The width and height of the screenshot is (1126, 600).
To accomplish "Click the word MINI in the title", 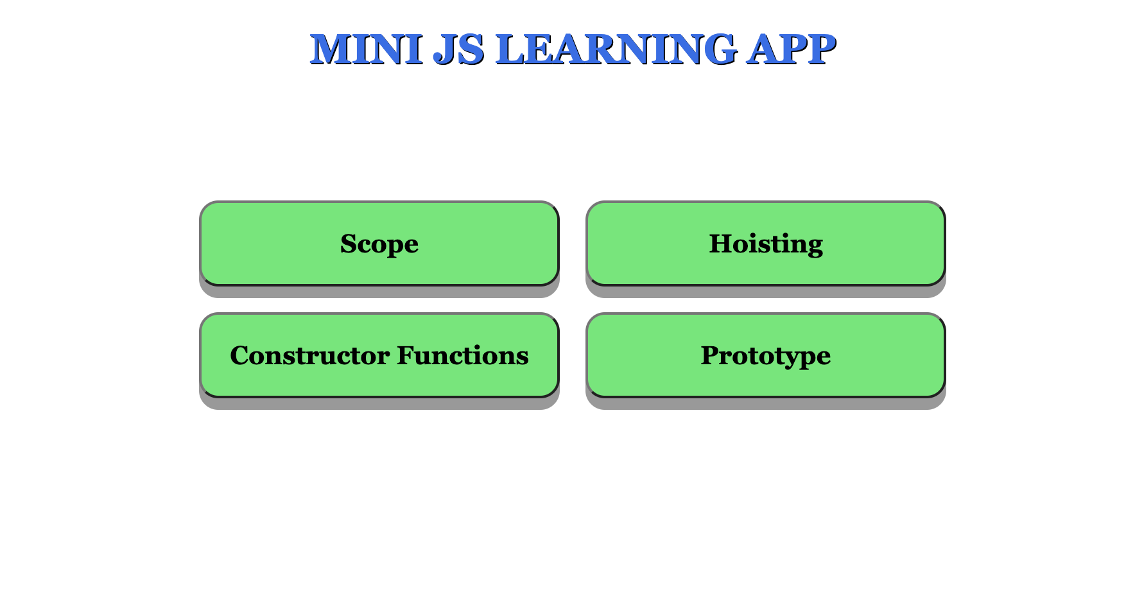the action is [366, 49].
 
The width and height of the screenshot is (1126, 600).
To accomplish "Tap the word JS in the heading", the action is [458, 49].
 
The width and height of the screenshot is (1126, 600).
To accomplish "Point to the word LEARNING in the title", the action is [616, 49].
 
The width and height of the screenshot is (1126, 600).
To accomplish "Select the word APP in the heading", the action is [791, 49].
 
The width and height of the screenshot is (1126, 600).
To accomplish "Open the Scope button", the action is [379, 243].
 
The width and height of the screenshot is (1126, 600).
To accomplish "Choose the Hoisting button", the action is [766, 243].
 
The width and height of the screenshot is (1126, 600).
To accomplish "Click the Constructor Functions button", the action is [379, 355].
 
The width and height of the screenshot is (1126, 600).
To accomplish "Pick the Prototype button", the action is [766, 355].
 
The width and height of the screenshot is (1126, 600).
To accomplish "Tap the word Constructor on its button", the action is [310, 356].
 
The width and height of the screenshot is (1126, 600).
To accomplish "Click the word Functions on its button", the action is [463, 356].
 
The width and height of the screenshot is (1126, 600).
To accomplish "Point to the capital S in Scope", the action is [348, 244].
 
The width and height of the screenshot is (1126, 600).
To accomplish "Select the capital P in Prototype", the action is [710, 356].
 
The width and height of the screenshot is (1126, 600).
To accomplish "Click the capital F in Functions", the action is [406, 356].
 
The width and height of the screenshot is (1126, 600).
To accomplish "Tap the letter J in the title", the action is [445, 49].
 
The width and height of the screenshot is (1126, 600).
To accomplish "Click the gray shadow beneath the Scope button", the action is [379, 292].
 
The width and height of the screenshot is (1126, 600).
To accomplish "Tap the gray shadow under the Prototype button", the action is [766, 404].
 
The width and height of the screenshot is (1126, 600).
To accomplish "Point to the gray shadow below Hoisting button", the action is [766, 292].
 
